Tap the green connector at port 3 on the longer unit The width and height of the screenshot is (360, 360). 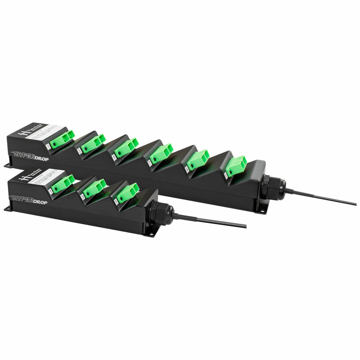(x=93, y=143)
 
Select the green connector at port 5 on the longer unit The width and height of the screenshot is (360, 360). (x=126, y=147)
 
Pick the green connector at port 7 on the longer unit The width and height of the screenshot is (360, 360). (x=161, y=153)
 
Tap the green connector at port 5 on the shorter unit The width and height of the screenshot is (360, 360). (x=127, y=193)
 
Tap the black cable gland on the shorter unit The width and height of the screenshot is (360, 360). (x=160, y=213)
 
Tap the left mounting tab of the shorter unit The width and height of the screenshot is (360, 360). (x=7, y=209)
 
